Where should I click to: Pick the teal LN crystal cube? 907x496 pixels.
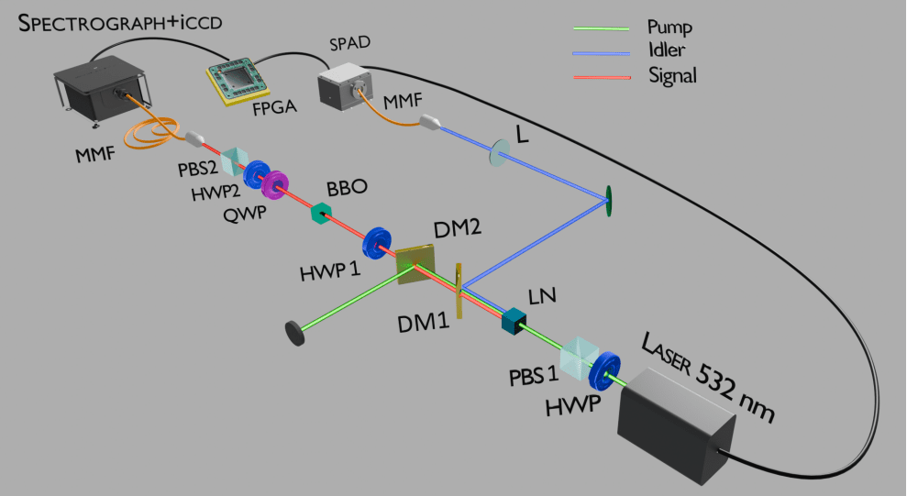tap(514, 320)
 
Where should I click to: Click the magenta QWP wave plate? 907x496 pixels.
tap(272, 185)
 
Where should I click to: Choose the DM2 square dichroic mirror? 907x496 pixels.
tap(415, 260)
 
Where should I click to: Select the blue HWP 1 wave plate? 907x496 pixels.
tap(376, 244)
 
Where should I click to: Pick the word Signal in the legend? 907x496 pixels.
tap(671, 77)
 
